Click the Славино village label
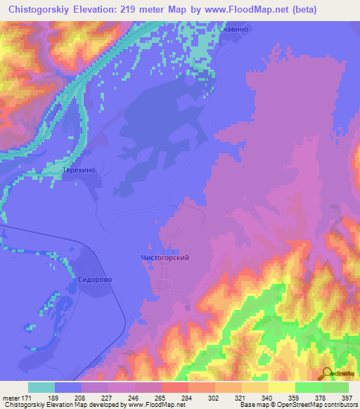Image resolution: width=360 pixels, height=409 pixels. (x=233, y=30)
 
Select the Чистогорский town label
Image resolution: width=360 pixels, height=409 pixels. (x=161, y=258)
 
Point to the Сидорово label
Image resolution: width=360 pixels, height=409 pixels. (x=94, y=278)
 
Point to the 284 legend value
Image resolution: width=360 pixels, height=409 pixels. (x=186, y=398)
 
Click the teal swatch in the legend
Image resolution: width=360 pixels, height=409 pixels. (x=41, y=387)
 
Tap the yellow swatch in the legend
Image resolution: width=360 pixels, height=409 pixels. (x=282, y=387)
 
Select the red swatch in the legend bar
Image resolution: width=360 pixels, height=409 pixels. (x=175, y=387)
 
